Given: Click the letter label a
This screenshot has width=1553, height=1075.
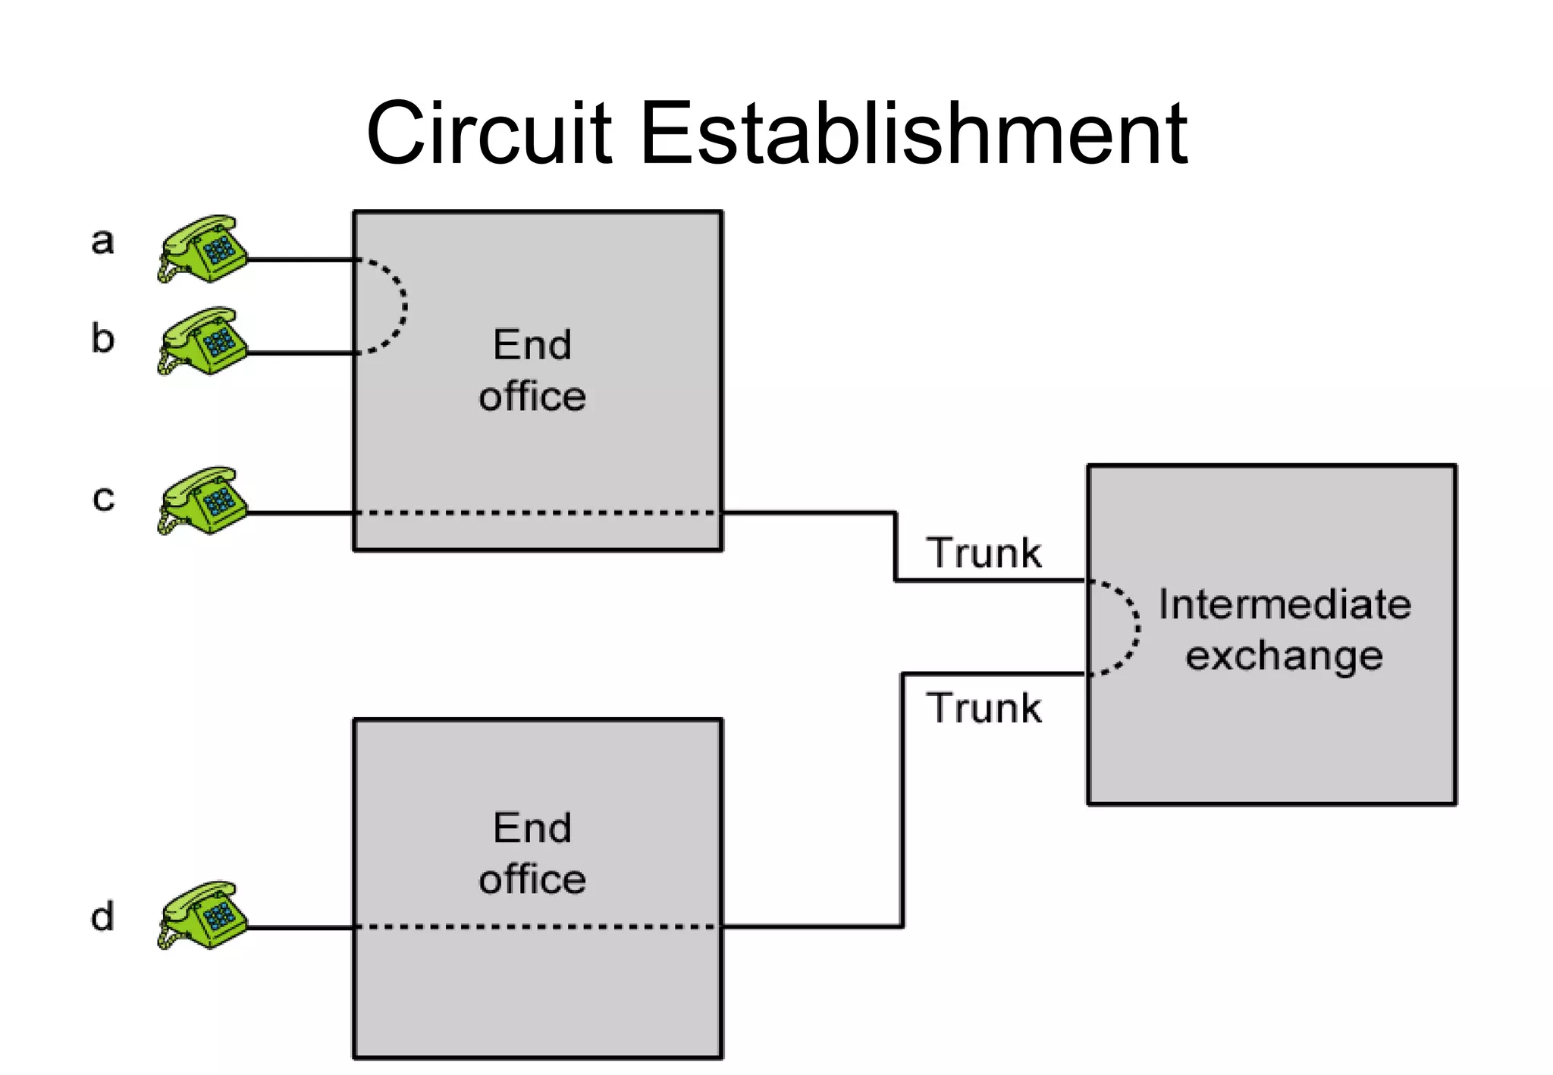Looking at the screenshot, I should (x=102, y=242).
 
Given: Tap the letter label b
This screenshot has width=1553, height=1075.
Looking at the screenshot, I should (x=102, y=338).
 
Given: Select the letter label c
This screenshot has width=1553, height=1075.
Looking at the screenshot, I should (x=103, y=499).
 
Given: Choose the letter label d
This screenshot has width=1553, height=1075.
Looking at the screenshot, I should (x=102, y=917).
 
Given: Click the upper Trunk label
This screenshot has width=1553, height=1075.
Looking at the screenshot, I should (x=984, y=553).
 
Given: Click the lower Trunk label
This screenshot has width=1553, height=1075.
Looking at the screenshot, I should (x=984, y=708).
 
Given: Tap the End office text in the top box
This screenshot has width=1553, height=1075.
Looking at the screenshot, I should (x=532, y=371).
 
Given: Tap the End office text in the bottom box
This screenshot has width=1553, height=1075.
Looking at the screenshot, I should (x=532, y=854).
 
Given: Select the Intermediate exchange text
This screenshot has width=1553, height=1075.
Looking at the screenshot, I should (x=1284, y=630).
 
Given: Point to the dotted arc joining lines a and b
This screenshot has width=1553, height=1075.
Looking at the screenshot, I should (x=403, y=306).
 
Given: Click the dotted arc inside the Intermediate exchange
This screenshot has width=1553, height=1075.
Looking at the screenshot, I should (x=1136, y=628).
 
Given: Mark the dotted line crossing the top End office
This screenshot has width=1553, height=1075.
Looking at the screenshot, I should (x=537, y=513).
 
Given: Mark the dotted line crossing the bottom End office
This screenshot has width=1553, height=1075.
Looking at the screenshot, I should (x=537, y=926).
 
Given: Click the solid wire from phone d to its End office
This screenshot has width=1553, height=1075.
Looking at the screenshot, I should (x=301, y=926).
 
